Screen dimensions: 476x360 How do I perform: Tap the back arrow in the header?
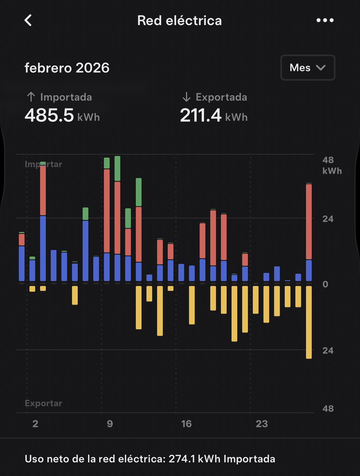coord(28,21)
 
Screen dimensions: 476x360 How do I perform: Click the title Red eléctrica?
coord(179,21)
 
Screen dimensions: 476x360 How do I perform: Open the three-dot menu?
coord(325,21)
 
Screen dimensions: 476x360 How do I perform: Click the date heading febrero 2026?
coord(67,68)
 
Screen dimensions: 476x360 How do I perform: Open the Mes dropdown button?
coord(308,68)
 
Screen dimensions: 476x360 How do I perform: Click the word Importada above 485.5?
coord(66,97)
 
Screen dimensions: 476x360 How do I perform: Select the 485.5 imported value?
coord(49,116)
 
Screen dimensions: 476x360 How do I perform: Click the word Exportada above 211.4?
coord(221,97)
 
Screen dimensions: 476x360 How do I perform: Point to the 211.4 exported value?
coord(200,116)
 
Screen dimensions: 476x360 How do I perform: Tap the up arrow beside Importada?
coord(31,97)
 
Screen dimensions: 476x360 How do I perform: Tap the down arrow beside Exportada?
coord(186,97)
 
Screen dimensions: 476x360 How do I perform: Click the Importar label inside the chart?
coord(44,164)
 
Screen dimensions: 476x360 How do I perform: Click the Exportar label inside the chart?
coord(44,403)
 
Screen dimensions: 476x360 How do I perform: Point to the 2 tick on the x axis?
coord(35,424)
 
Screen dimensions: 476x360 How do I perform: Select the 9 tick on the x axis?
coord(110,424)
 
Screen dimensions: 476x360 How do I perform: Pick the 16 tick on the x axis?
coord(186,424)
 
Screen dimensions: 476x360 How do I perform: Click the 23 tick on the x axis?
coord(262,424)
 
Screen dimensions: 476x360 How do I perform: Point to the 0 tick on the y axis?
coord(325,284)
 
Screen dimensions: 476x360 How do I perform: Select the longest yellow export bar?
coord(308,322)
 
